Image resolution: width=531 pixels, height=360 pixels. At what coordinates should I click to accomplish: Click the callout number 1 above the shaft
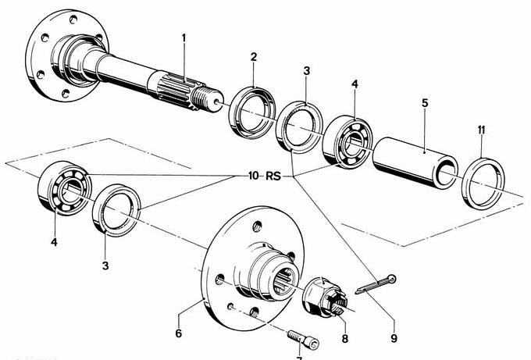point(184,38)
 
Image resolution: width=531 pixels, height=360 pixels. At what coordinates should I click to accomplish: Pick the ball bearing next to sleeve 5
point(349,141)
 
